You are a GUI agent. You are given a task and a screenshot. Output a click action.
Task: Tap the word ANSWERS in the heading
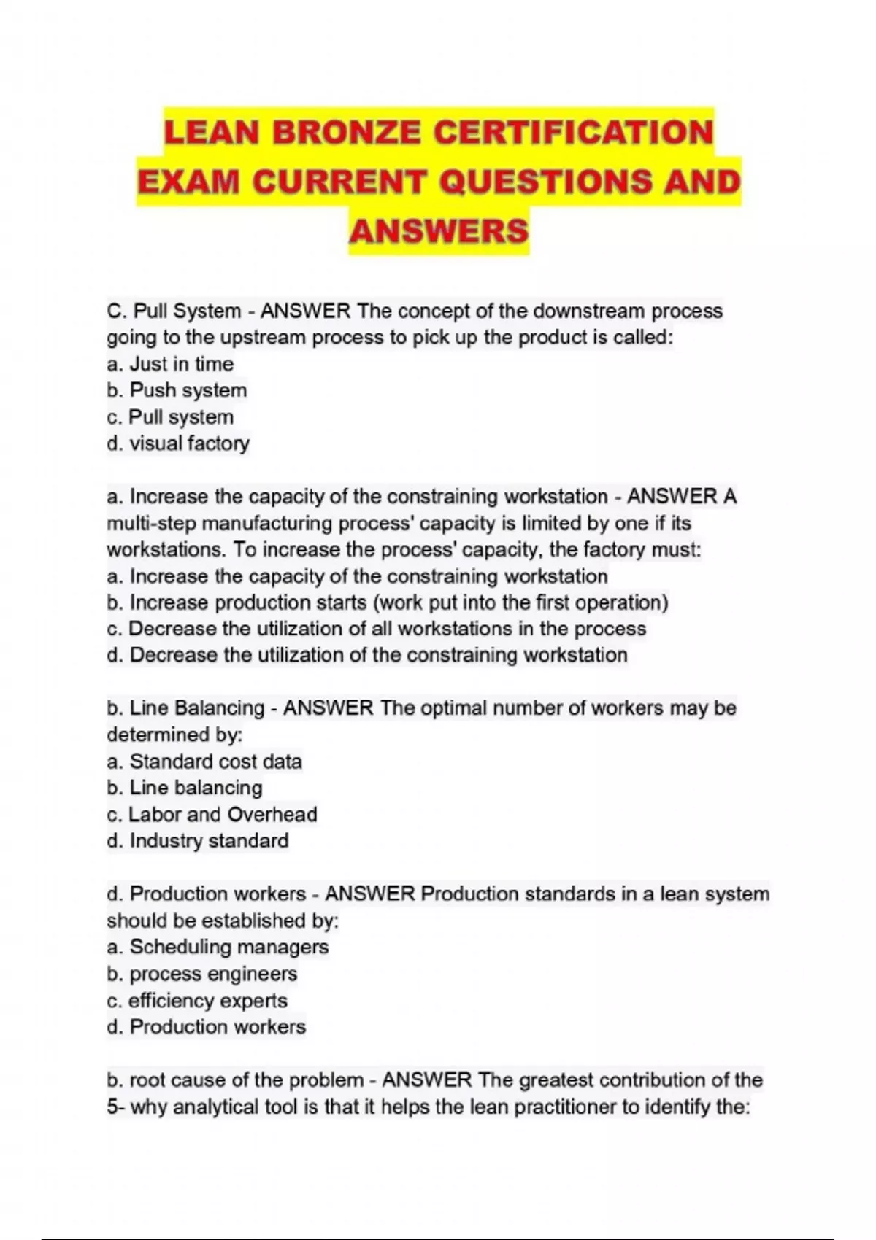[x=439, y=231]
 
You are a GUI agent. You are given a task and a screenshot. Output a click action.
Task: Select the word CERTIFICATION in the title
[x=573, y=133]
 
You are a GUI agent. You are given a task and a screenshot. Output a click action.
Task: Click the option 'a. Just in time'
[x=170, y=364]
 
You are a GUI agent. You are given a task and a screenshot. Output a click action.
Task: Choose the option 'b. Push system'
[x=177, y=390]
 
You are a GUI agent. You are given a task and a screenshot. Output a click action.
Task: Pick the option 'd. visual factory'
[x=178, y=443]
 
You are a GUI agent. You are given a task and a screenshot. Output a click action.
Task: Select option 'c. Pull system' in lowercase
[x=170, y=417]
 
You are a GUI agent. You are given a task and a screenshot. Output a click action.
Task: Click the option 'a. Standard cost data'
[x=204, y=762]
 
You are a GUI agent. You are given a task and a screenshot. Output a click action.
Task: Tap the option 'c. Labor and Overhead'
[x=212, y=814]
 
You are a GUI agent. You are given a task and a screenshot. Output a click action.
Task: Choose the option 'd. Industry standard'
[x=198, y=841]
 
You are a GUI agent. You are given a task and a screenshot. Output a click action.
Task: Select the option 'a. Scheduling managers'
[x=218, y=947]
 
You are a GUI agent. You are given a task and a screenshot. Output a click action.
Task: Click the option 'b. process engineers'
[x=202, y=974]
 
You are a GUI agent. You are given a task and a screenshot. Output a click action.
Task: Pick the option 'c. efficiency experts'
[x=197, y=1001]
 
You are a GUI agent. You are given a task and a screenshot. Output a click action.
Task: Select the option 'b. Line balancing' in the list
[x=185, y=788]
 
